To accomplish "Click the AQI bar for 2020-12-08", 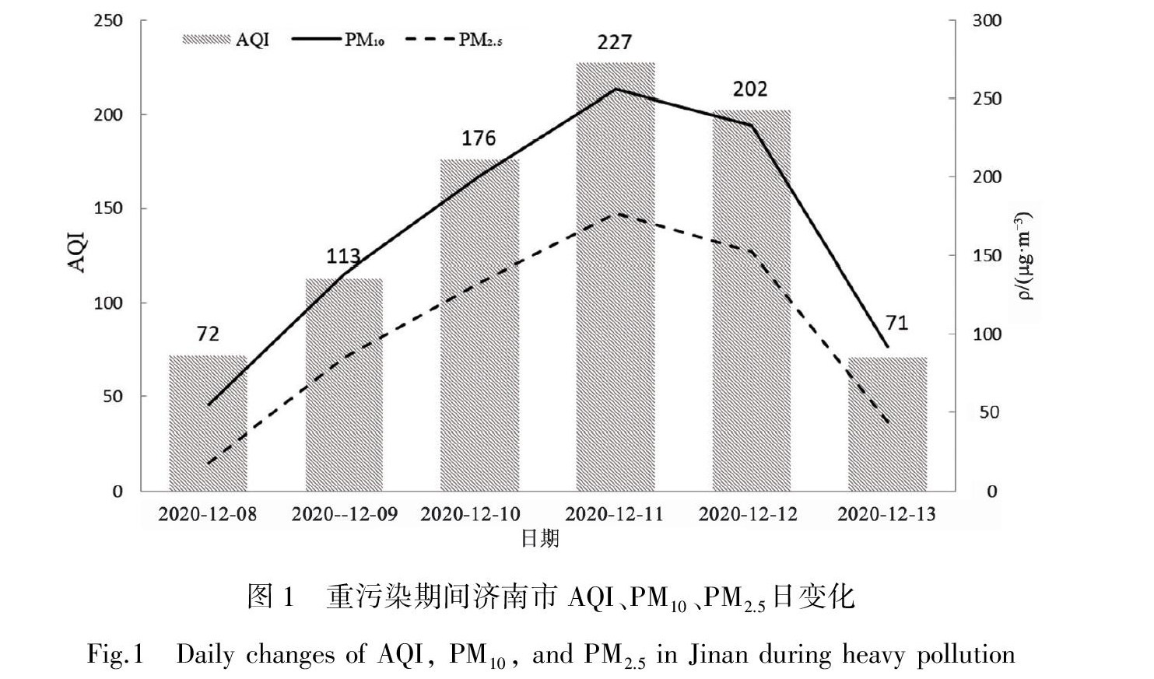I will (x=208, y=423).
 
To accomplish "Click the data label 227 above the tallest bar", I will (x=615, y=42).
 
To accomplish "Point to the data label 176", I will (x=479, y=138).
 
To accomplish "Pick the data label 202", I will (x=750, y=89).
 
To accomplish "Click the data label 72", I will (x=208, y=334).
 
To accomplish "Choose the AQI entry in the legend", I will (x=226, y=40).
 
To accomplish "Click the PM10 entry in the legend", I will (x=338, y=40).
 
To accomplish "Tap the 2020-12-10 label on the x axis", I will (x=470, y=515).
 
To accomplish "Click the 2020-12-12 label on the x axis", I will (x=748, y=515).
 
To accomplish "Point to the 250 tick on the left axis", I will (x=108, y=20).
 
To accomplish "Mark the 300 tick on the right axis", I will (x=987, y=21).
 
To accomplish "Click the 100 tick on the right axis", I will (x=987, y=334).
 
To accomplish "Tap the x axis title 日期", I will (x=540, y=538).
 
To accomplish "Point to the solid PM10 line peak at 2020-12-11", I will (x=615, y=89).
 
